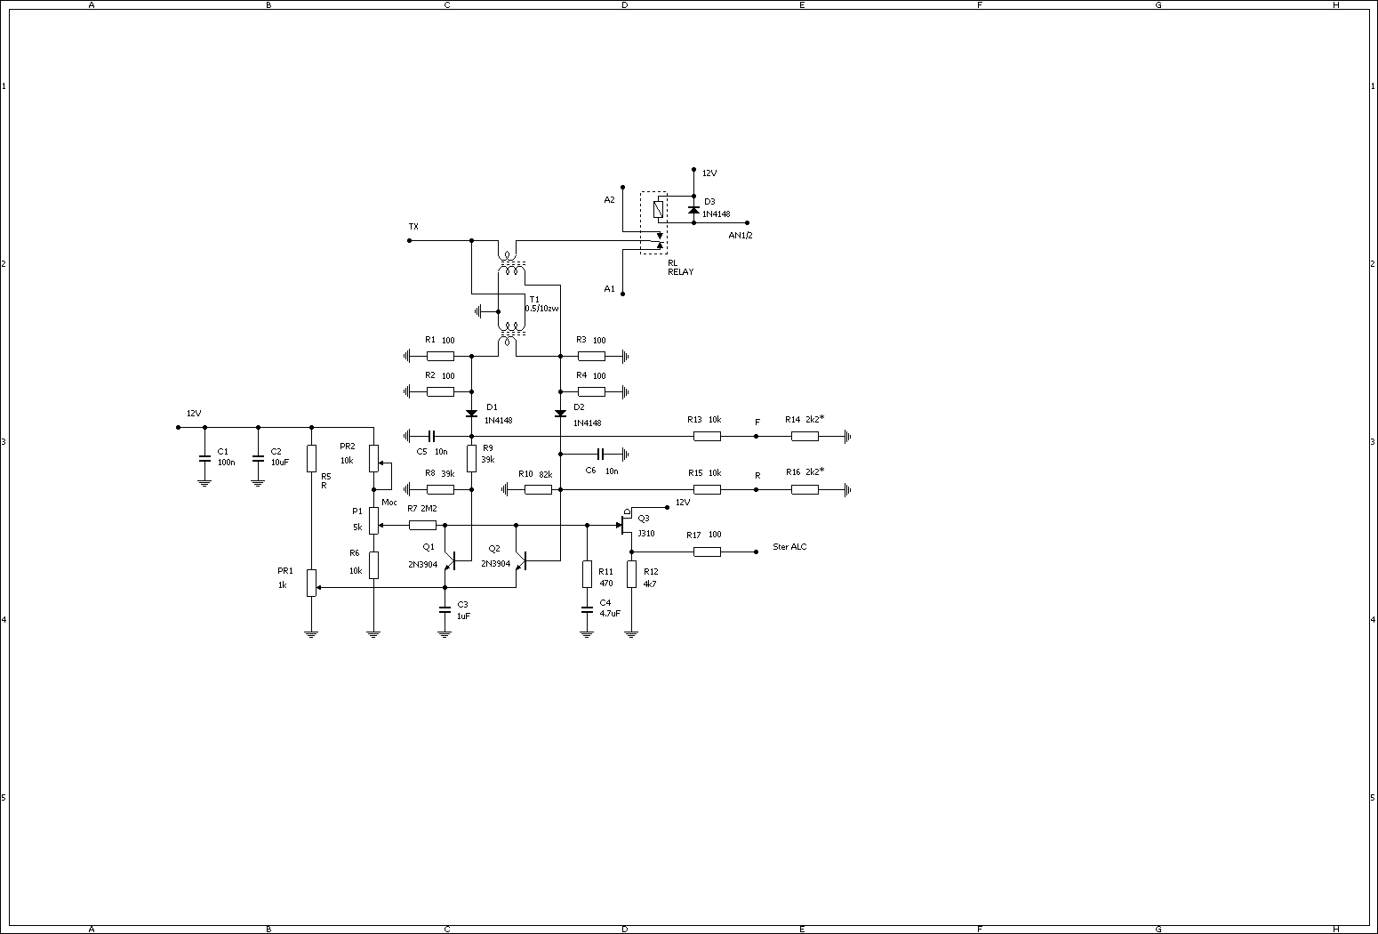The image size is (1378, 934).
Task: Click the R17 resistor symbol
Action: tap(707, 552)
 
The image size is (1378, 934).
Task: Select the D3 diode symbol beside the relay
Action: tap(693, 210)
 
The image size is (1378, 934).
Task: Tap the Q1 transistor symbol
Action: tap(450, 560)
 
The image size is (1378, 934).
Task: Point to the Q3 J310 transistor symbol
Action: tap(626, 525)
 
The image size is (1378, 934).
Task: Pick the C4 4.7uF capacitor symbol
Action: tap(587, 610)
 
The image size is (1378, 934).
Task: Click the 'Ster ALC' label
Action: tap(789, 547)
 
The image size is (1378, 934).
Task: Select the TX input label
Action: tap(413, 227)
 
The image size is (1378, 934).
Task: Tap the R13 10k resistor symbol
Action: tap(707, 436)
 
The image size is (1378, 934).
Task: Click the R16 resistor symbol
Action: tap(805, 489)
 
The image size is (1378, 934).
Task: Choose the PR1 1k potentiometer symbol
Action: tap(311, 583)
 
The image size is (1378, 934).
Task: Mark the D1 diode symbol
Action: tap(471, 414)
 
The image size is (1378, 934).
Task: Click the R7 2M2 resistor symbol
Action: tap(422, 525)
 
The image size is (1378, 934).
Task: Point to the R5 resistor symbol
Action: tap(311, 458)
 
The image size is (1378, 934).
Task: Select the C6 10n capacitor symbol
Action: tap(601, 454)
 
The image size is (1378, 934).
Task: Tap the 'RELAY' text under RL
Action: tap(681, 272)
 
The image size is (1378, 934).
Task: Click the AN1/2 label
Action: tap(741, 236)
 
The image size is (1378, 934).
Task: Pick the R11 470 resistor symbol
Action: tap(587, 574)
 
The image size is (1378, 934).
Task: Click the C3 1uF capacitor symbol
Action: tap(445, 610)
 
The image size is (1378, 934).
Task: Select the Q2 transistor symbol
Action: tap(521, 560)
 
